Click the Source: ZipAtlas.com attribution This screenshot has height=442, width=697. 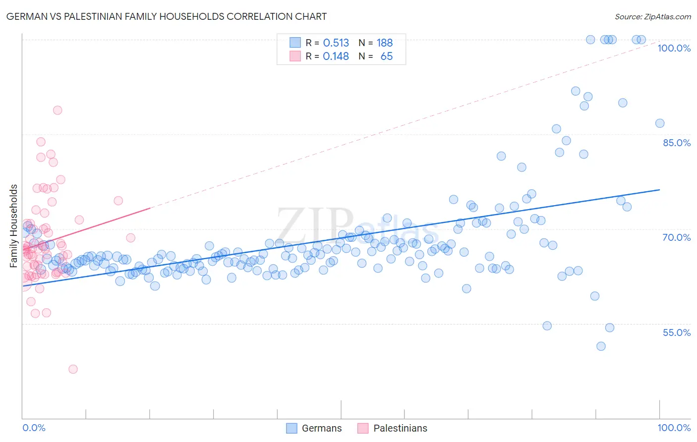tap(652, 16)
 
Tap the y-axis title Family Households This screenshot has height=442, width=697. tap(14, 226)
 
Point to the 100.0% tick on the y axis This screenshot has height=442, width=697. tap(674, 48)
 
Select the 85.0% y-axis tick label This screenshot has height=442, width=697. tap(676, 143)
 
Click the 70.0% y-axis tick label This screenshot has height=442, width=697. tap(676, 237)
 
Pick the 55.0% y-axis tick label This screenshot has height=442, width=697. tap(676, 332)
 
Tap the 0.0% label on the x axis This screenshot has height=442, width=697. tap(34, 428)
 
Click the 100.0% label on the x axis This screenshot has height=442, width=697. tap(674, 428)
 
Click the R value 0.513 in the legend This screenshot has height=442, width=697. tap(336, 43)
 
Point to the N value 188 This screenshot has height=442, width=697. tap(384, 43)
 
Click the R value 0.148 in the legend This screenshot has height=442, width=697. tap(336, 56)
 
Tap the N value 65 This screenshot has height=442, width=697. tap(386, 56)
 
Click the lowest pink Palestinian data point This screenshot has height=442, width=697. tap(73, 369)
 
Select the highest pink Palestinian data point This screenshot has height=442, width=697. tap(58, 110)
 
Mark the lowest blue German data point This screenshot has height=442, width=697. tap(601, 346)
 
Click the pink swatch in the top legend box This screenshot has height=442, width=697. tap(295, 56)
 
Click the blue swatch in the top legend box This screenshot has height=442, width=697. tap(295, 43)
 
